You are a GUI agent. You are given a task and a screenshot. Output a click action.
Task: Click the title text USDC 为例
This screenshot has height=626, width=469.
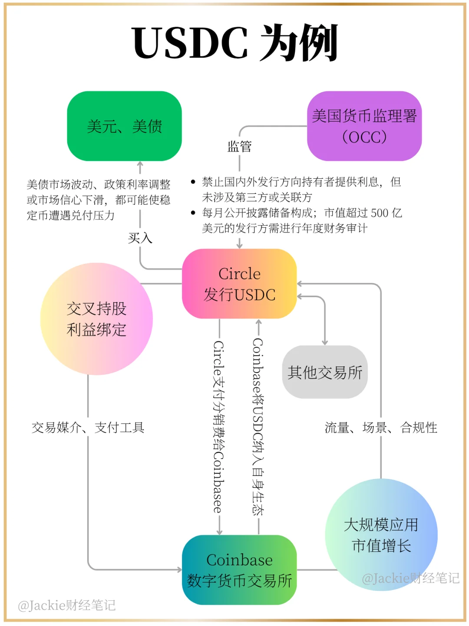point(234,43)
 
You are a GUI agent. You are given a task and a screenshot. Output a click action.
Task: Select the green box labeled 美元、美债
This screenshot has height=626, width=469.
point(124,126)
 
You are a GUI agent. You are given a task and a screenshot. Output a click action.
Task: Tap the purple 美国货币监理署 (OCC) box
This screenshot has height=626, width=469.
point(364,126)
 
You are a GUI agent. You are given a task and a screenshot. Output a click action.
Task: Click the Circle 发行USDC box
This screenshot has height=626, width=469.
point(239,284)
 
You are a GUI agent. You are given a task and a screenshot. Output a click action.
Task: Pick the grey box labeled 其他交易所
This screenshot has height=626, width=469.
point(325,372)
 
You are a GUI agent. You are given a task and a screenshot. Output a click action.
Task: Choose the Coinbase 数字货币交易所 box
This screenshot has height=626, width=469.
point(239,570)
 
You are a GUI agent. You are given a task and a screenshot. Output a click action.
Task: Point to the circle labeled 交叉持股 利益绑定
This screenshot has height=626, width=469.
point(96,319)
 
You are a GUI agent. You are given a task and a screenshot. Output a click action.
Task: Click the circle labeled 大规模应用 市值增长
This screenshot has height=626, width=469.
point(381,534)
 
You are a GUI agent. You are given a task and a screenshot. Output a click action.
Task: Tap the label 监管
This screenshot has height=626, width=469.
point(239,147)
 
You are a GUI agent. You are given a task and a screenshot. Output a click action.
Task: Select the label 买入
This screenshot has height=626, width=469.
point(140,238)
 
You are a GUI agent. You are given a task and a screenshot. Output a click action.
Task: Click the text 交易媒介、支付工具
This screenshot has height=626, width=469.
point(88,428)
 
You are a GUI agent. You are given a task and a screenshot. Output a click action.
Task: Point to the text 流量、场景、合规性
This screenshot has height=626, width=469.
point(381,428)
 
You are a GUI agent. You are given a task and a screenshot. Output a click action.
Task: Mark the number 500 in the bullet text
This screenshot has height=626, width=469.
point(380,213)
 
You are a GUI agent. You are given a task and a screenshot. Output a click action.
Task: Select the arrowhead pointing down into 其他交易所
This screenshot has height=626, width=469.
point(324,342)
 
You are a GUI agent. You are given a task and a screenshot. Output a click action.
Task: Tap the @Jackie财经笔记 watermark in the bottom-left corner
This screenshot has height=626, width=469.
point(67,605)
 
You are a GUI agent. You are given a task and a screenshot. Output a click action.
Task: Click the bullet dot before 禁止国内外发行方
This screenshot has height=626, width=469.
point(193,182)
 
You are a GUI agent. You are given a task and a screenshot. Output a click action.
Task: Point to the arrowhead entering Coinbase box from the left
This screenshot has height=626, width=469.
point(179,570)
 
